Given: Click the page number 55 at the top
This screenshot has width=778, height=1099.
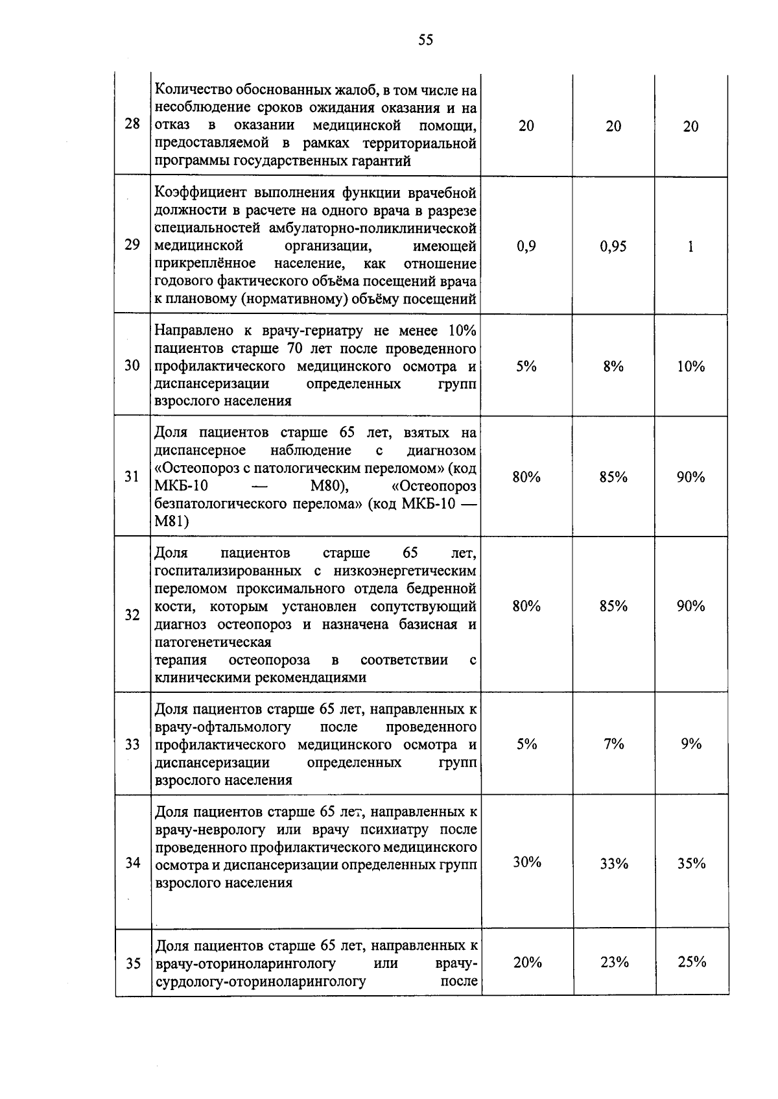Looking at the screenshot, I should [x=425, y=40].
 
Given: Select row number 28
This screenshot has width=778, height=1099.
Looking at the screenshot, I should [x=132, y=124].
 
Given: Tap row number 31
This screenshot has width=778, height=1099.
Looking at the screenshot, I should [x=132, y=477].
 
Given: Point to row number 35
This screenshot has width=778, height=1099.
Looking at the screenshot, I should [x=133, y=963].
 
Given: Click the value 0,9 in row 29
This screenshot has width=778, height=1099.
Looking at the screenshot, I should [x=526, y=247].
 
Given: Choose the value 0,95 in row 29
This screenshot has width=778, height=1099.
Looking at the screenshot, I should [x=613, y=247].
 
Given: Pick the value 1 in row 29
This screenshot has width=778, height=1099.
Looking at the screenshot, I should [x=690, y=247].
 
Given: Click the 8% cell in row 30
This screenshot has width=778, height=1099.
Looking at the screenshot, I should [x=613, y=367].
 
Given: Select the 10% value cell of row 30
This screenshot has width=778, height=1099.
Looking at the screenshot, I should [x=691, y=367].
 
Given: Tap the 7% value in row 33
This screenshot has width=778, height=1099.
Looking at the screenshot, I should [x=613, y=744].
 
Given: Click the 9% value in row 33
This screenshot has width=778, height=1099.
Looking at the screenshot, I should [x=691, y=744].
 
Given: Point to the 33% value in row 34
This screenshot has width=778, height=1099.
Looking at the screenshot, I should [x=613, y=863].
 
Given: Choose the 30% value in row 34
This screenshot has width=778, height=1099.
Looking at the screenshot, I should [x=527, y=862].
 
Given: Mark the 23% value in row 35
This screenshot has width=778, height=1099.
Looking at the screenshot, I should [x=614, y=962].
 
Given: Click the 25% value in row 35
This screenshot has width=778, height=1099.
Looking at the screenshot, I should [x=692, y=962].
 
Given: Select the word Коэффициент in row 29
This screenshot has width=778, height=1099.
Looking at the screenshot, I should [x=200, y=193].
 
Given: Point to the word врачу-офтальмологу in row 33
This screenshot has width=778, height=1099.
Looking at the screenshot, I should [x=223, y=727].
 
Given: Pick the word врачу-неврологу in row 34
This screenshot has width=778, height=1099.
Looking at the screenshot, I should [x=210, y=830].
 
